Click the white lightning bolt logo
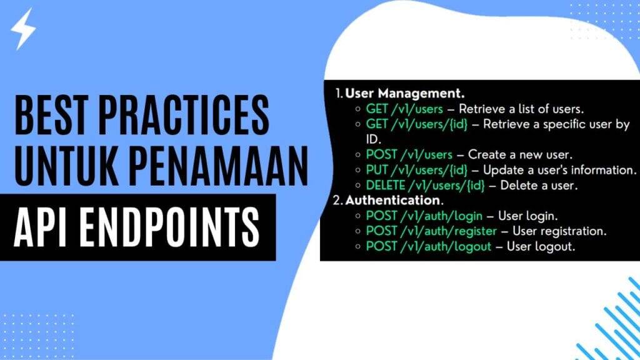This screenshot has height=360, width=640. tap(24, 29)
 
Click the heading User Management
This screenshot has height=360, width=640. tap(405, 94)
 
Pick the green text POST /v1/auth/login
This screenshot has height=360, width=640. tap(424, 216)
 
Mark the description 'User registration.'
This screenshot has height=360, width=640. tap(559, 231)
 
